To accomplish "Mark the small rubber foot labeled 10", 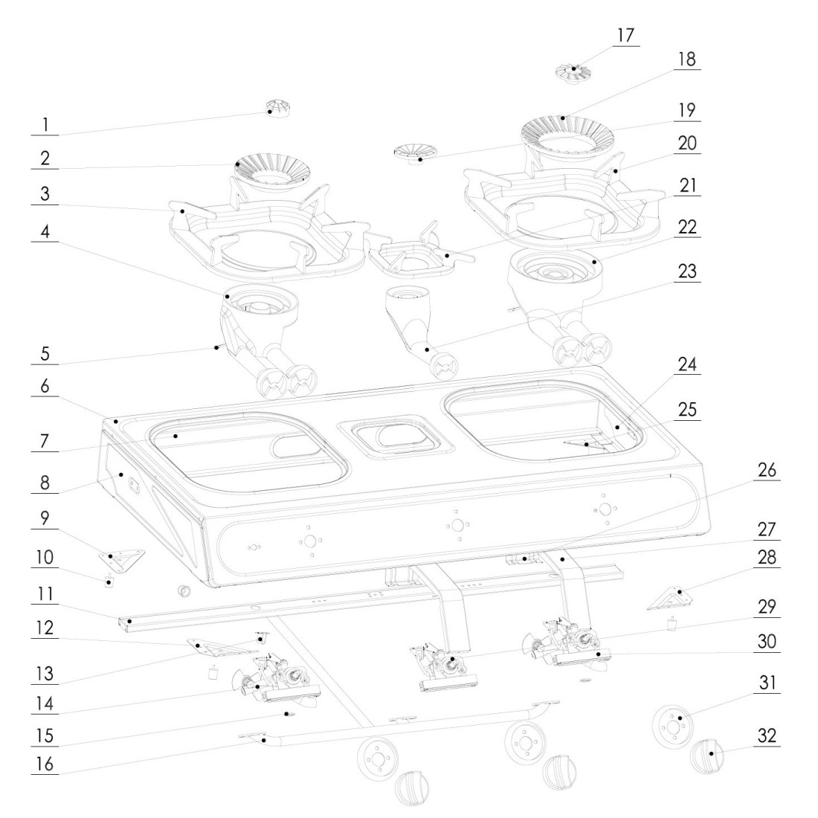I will pos(109,582).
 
